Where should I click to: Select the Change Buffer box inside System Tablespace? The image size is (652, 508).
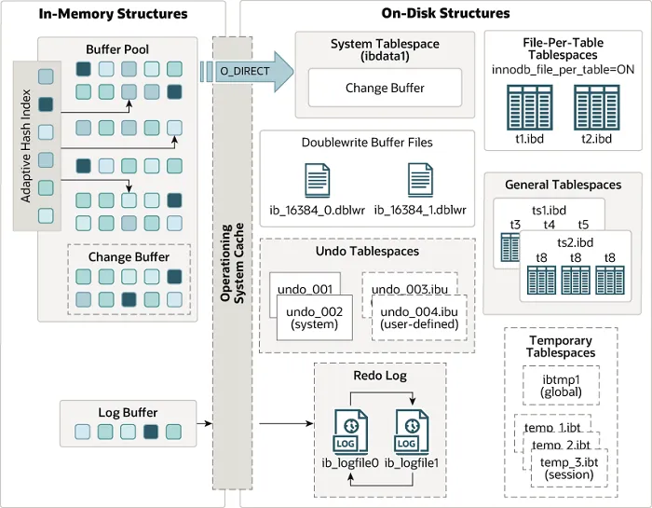pyautogui.click(x=385, y=88)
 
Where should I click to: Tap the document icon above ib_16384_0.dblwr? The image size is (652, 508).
pyautogui.click(x=317, y=179)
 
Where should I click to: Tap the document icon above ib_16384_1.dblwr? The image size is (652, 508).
pyautogui.click(x=419, y=179)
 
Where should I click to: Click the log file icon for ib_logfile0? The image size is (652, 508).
pyautogui.click(x=346, y=431)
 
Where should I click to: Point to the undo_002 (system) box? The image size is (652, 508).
pyautogui.click(x=314, y=317)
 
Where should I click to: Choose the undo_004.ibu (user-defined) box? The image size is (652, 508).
pyautogui.click(x=418, y=317)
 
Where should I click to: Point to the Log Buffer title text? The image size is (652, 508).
pyautogui.click(x=128, y=412)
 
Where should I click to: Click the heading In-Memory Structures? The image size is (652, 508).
pyautogui.click(x=113, y=14)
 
